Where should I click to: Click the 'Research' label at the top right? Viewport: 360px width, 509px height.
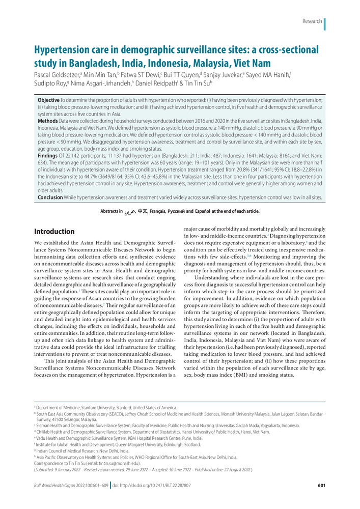coord(312,21)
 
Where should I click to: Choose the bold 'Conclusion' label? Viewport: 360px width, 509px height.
coord(51,196)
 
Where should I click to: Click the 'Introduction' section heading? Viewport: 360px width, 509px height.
coord(54,232)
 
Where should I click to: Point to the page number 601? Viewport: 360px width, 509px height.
coord(321,499)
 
